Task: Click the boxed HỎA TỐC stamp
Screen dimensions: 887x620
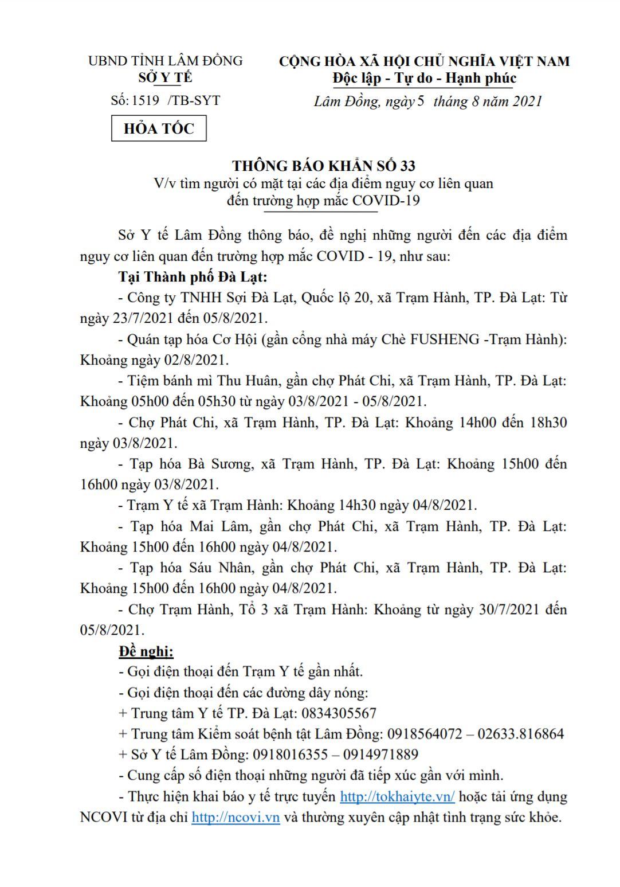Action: coord(159,128)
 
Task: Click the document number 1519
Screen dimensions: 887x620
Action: coord(145,100)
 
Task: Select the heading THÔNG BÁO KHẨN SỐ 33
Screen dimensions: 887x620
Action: coord(324,166)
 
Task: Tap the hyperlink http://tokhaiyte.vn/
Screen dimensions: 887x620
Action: coord(397,796)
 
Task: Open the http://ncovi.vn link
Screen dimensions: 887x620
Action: coord(236,817)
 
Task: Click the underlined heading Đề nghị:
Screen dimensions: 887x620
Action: coord(146,651)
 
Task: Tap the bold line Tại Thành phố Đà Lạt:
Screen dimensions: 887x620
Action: coord(193,277)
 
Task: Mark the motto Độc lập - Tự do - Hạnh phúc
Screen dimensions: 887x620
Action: coord(424,78)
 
